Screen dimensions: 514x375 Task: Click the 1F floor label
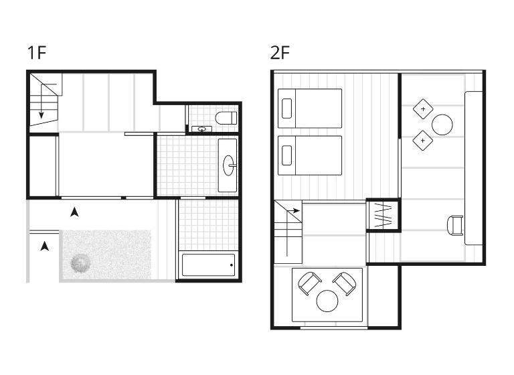pos(37,52)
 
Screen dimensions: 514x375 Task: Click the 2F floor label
pos(280,52)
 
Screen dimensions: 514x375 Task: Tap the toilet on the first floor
pos(226,118)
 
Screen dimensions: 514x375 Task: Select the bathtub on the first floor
pos(209,265)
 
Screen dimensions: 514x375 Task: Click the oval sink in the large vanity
pos(229,165)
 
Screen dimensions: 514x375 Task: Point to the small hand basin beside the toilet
pos(201,129)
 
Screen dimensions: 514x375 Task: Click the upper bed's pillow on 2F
pos(286,108)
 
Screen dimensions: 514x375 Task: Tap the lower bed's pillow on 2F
pos(286,155)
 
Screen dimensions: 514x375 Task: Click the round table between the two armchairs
pos(327,301)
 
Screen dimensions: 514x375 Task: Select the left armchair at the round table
pos(309,283)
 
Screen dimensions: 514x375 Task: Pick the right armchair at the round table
pos(345,283)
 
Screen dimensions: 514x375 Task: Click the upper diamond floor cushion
pos(423,109)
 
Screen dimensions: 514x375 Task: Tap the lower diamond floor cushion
pos(423,141)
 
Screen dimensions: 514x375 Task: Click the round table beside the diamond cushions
pos(442,125)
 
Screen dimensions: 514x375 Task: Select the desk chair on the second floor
pos(455,225)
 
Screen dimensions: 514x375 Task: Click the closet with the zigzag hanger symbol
pos(383,215)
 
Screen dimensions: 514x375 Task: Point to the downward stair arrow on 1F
pos(41,101)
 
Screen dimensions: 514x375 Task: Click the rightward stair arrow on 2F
pos(293,211)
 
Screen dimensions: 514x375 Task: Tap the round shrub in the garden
pos(80,263)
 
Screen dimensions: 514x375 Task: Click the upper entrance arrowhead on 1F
pos(75,212)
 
